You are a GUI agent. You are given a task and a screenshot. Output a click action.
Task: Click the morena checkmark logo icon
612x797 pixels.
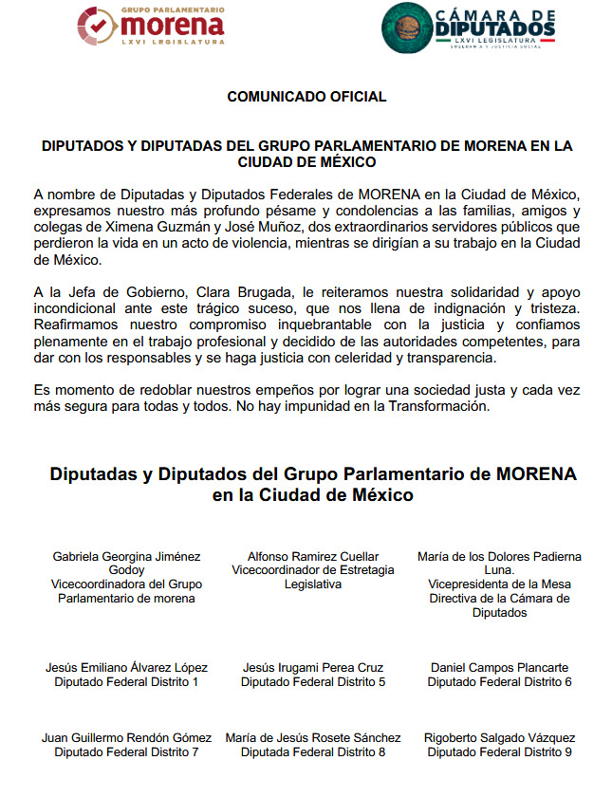tap(100, 27)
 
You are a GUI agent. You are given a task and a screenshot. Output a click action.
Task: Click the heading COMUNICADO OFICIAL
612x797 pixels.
tap(306, 97)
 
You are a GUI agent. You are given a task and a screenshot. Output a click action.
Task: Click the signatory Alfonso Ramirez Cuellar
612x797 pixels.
tap(313, 556)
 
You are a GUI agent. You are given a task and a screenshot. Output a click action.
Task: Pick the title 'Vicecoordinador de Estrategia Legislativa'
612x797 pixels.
tap(313, 577)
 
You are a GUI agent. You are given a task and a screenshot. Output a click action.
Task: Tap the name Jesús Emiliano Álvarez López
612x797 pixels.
tap(126, 668)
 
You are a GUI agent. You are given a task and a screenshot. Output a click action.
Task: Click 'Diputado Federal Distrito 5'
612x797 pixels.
tap(313, 682)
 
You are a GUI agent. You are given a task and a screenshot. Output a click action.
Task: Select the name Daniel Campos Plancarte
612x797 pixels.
tap(499, 668)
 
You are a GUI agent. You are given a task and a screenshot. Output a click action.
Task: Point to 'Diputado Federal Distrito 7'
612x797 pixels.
tap(126, 752)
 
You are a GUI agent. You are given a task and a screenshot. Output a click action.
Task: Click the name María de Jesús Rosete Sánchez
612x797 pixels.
tap(313, 738)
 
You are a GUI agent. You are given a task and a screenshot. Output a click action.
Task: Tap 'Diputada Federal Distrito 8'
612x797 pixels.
tap(313, 752)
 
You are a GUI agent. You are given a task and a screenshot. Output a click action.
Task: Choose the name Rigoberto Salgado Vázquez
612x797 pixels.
tap(499, 738)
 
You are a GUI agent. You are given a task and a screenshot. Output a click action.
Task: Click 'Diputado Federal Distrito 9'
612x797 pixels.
tap(499, 752)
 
